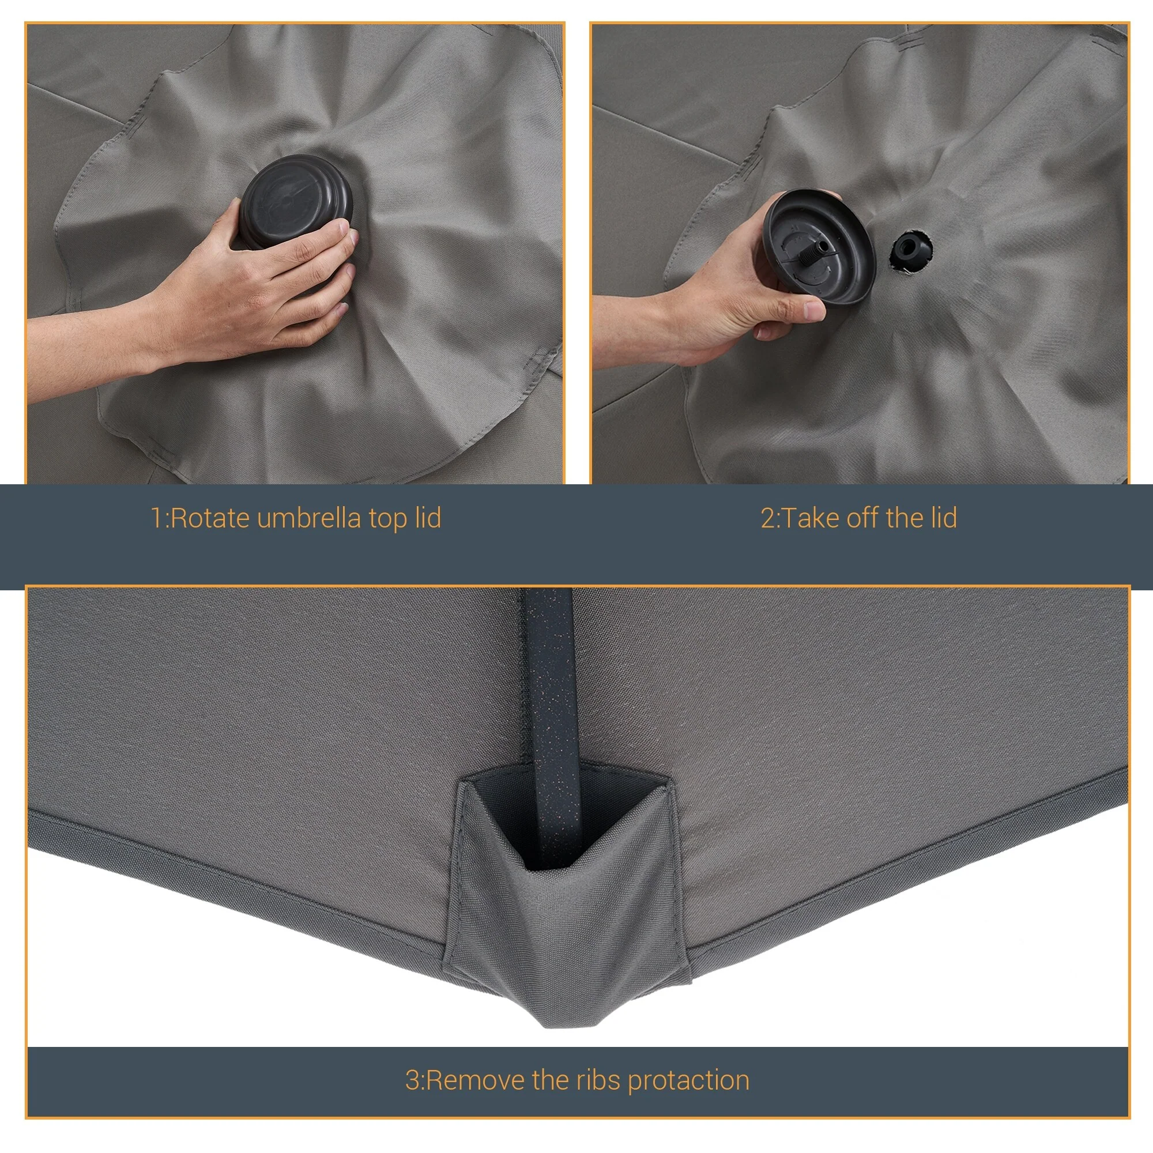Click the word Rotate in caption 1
pyautogui.click(x=210, y=518)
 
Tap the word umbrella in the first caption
pyautogui.click(x=309, y=518)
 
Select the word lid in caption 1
pyautogui.click(x=428, y=518)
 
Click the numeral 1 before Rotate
pyautogui.click(x=156, y=518)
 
